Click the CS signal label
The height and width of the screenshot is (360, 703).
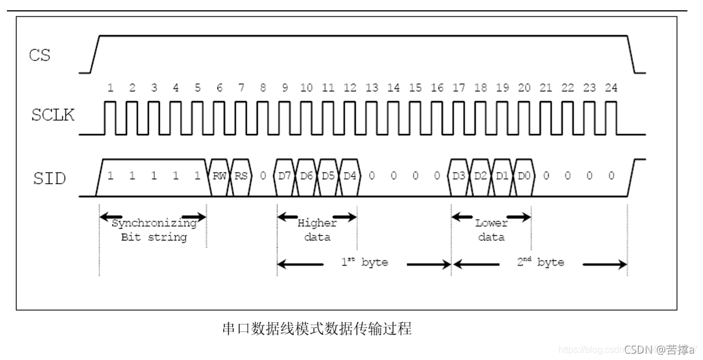pyautogui.click(x=40, y=56)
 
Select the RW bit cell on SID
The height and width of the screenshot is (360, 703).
pyautogui.click(x=219, y=176)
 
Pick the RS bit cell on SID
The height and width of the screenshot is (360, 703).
pyautogui.click(x=241, y=176)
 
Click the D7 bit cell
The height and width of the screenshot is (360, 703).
pyautogui.click(x=285, y=176)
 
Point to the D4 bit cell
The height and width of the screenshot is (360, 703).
pyautogui.click(x=350, y=176)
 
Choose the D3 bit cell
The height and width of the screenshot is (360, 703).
pyautogui.click(x=459, y=176)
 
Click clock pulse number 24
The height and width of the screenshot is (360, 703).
pyautogui.click(x=611, y=88)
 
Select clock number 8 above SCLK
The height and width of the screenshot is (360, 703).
pyautogui.click(x=263, y=88)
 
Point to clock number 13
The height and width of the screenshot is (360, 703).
pyautogui.click(x=372, y=88)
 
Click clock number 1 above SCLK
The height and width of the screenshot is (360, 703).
pyautogui.click(x=110, y=88)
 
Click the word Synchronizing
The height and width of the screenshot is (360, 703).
pyautogui.click(x=154, y=224)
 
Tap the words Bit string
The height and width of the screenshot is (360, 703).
pyautogui.click(x=154, y=237)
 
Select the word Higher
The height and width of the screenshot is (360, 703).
pyautogui.click(x=317, y=224)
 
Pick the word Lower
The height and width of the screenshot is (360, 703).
pyautogui.click(x=491, y=224)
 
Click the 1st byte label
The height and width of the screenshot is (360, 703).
pyautogui.click(x=364, y=263)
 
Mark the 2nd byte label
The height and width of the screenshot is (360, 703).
pyautogui.click(x=540, y=263)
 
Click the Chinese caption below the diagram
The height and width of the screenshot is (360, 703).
pyautogui.click(x=317, y=329)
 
